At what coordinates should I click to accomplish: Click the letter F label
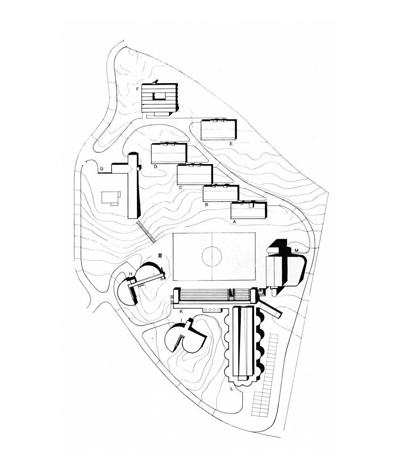pos(137,89)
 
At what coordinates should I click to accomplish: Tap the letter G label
pos(102,169)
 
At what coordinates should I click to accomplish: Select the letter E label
pos(231,143)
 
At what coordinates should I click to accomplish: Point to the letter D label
pos(156,167)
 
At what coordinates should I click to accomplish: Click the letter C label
pos(180,188)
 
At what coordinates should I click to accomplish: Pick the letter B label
pos(206,205)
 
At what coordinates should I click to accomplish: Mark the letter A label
pos(235,222)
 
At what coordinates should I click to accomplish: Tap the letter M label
pos(296,251)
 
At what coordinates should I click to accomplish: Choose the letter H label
pos(130,274)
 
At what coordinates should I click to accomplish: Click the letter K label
pos(181,312)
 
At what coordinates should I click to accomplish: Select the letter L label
pos(232,389)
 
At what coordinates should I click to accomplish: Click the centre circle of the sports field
pos(212,257)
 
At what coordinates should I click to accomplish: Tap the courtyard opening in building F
pos(160,96)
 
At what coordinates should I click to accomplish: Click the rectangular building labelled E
pos(219,130)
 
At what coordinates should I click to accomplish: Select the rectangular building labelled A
pos(248,211)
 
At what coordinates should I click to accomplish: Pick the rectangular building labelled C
pos(195,174)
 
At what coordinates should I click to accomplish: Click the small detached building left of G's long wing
pos(111,198)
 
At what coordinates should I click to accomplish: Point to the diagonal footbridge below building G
pos(146,231)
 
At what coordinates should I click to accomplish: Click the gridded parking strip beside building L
pos(265,375)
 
